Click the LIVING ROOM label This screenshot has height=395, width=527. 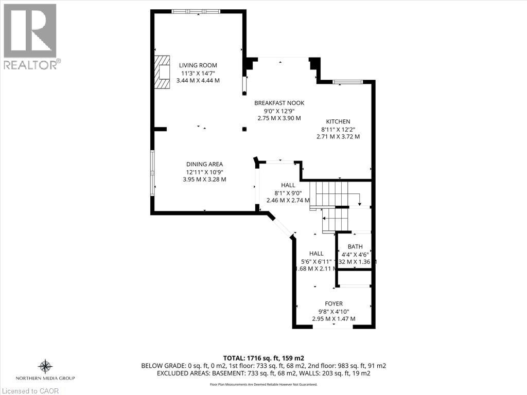198,65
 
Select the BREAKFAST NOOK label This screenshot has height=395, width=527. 279,103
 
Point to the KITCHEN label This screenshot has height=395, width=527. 338,121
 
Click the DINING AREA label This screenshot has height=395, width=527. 204,164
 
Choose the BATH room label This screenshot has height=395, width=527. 355,247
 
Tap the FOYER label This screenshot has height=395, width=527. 333,303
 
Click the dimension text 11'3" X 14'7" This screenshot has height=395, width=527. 198,73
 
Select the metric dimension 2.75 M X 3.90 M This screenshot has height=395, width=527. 279,118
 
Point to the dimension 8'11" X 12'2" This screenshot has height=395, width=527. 338,129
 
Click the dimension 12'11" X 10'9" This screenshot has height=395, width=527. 204,172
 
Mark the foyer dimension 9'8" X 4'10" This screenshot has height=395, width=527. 333,311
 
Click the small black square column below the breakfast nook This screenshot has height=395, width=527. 244,129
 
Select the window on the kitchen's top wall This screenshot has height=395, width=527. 347,82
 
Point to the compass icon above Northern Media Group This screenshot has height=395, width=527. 45,366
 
